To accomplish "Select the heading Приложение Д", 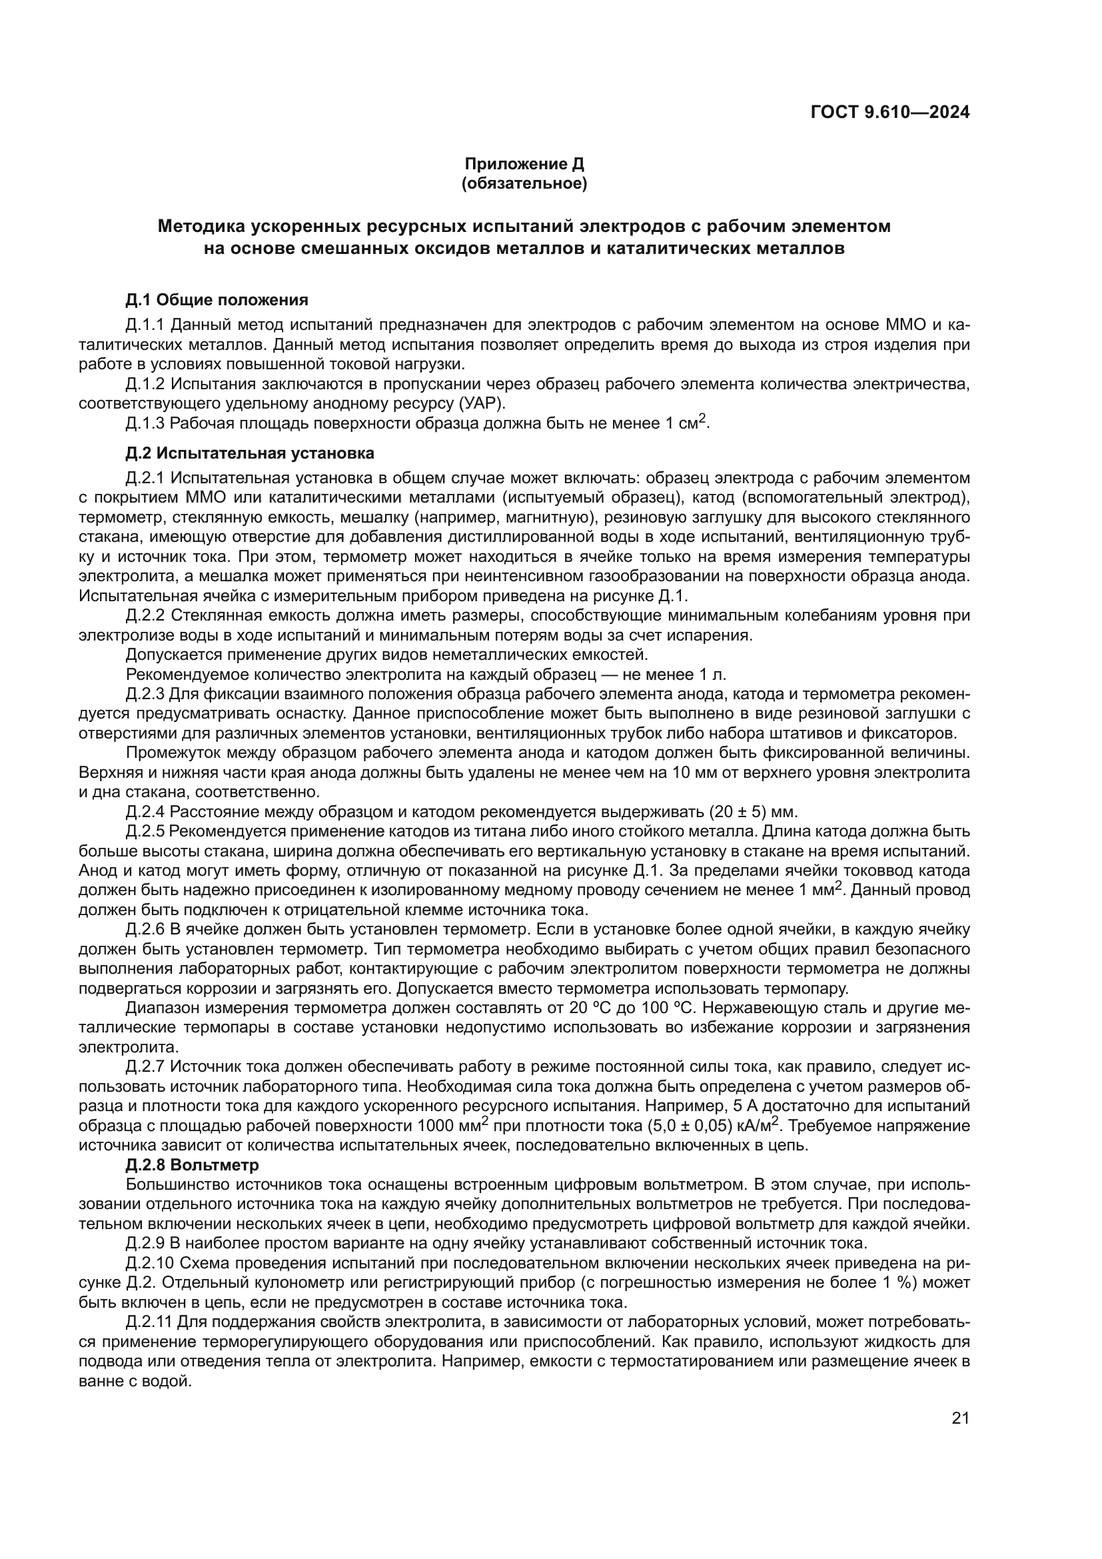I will tap(524, 164).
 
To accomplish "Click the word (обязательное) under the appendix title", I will tap(524, 183).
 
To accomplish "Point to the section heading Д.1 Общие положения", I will tap(217, 300).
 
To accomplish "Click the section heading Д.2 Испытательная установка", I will tap(249, 452).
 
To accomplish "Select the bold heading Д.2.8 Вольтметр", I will tap(192, 1165).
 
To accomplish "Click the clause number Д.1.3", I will tap(145, 423).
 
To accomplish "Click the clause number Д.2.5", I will tap(145, 832).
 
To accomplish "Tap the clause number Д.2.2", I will tap(145, 616).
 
